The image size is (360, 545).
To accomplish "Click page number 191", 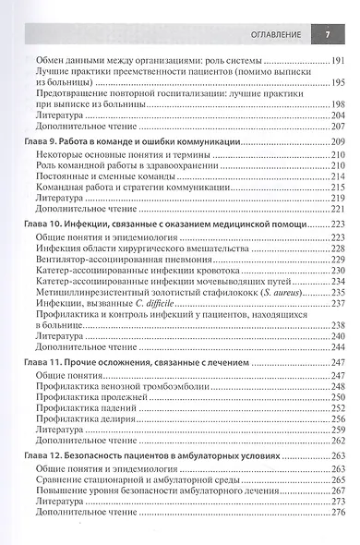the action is point(338,60).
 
